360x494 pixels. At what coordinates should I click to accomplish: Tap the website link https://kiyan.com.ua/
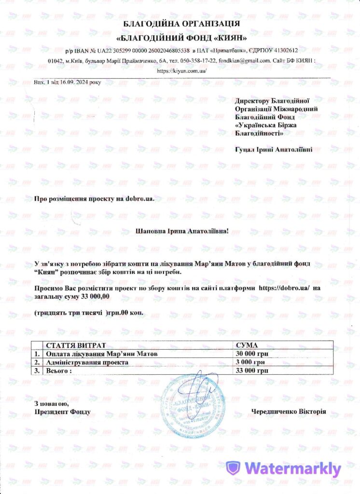pyautogui.click(x=182, y=71)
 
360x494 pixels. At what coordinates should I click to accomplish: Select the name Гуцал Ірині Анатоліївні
pyautogui.click(x=273, y=150)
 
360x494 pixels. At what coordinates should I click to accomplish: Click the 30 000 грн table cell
pyautogui.click(x=250, y=354)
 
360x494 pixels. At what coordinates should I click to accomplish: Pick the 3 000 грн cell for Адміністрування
pyautogui.click(x=249, y=362)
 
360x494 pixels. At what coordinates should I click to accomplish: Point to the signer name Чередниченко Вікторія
pyautogui.click(x=289, y=412)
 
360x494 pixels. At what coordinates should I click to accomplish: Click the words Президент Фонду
pyautogui.click(x=62, y=412)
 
